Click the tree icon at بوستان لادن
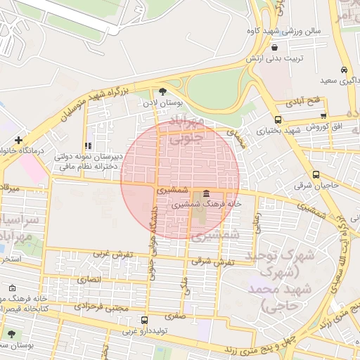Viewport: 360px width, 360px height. coord(164,91)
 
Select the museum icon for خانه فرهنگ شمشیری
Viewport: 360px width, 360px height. coord(206,193)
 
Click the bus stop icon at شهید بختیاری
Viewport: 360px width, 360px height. coord(279,120)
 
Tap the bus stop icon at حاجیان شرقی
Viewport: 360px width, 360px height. coord(316,175)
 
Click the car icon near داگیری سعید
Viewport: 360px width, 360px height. coord(343,70)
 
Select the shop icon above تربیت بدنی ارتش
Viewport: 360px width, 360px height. coord(274,48)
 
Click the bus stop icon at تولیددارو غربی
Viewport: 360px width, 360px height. coord(144,320)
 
